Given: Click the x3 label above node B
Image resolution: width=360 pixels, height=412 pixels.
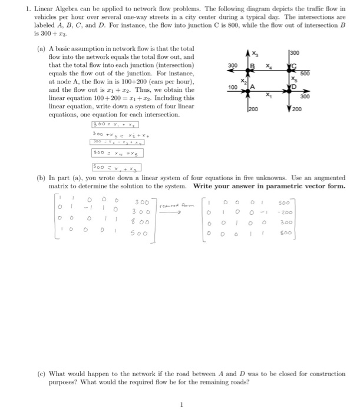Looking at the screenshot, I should [255, 53].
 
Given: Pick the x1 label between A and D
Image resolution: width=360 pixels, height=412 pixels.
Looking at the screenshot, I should [270, 95].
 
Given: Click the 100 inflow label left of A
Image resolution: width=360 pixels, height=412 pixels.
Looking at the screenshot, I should [233, 87].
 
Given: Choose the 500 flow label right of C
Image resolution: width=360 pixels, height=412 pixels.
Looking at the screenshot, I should [304, 74].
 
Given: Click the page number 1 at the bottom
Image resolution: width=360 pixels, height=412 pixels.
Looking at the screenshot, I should [182, 404].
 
